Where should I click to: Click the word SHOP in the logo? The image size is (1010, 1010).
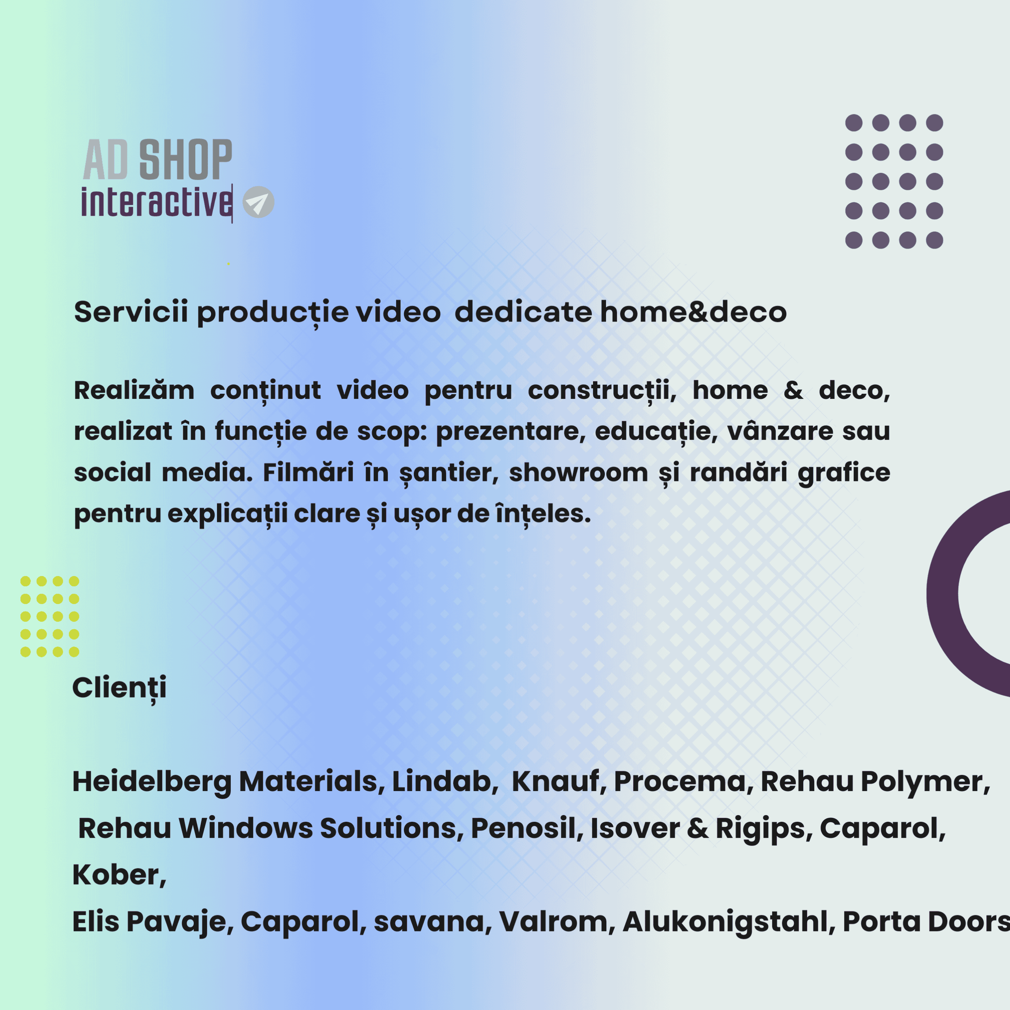(x=185, y=159)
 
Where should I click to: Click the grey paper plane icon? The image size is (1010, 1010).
(x=258, y=202)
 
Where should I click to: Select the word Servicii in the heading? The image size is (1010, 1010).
(x=131, y=312)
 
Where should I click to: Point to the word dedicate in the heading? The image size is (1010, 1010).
(x=523, y=312)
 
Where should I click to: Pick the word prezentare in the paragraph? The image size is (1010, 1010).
(x=510, y=432)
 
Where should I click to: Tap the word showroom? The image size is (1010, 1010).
(x=579, y=473)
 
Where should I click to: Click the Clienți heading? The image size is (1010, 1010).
(x=120, y=688)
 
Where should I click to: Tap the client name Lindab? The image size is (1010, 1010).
(x=442, y=782)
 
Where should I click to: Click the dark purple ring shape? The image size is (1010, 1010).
(x=941, y=593)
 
